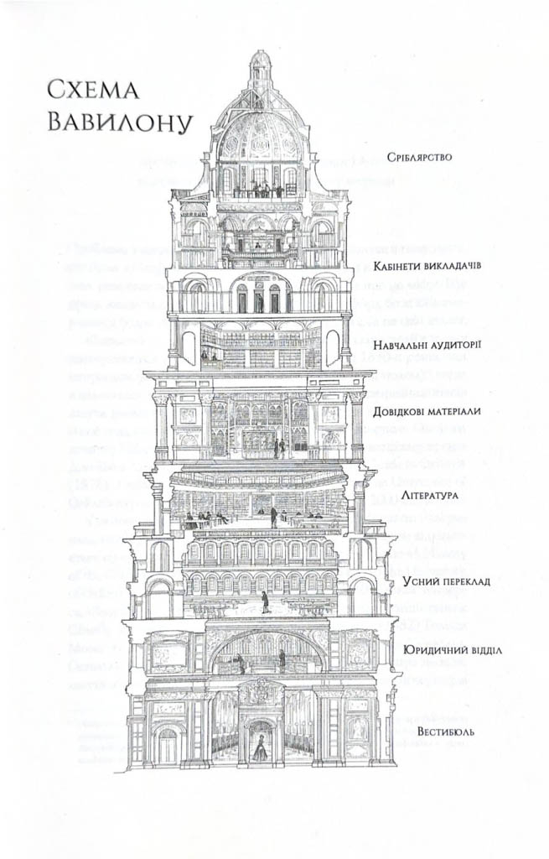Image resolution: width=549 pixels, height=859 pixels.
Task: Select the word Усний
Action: pyautogui.click(x=421, y=580)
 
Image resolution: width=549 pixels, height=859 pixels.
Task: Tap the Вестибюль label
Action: pyautogui.click(x=446, y=731)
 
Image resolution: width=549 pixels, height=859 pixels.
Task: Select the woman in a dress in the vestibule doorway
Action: pyautogui.click(x=261, y=747)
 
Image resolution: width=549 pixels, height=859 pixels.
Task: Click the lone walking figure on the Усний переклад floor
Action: pyautogui.click(x=265, y=601)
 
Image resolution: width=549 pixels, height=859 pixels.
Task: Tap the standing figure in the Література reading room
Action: pyautogui.click(x=273, y=516)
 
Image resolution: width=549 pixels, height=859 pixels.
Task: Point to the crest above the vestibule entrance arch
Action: pyautogui.click(x=261, y=693)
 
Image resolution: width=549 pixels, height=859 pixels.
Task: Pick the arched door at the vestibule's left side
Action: pyautogui.click(x=168, y=745)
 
